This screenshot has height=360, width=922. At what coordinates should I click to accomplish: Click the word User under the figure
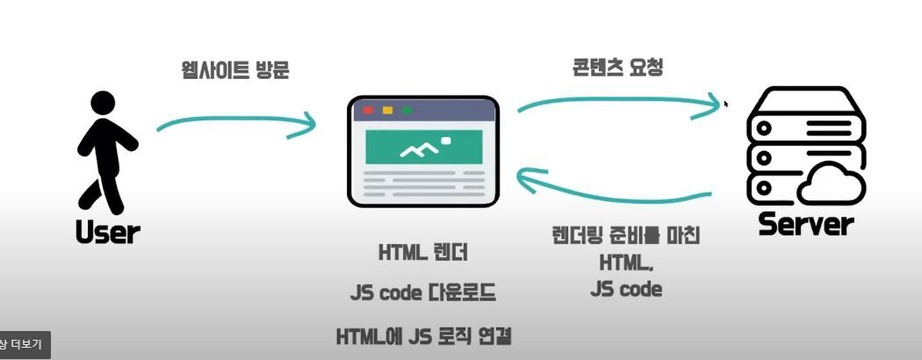[x=108, y=232]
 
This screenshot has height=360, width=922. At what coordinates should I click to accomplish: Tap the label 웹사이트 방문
[x=234, y=70]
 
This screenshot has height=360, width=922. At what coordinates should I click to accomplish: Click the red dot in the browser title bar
[x=368, y=111]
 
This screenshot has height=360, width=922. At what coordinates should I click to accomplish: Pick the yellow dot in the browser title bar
[x=387, y=111]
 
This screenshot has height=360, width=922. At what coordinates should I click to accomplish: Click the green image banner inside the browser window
[x=425, y=147]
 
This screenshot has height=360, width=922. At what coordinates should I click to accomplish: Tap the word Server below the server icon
[x=806, y=224]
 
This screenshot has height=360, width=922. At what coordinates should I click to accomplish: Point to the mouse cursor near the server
[x=725, y=104]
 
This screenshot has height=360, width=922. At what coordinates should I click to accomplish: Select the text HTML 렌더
[x=424, y=253]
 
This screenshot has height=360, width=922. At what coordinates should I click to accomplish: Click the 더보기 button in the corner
[x=24, y=344]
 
